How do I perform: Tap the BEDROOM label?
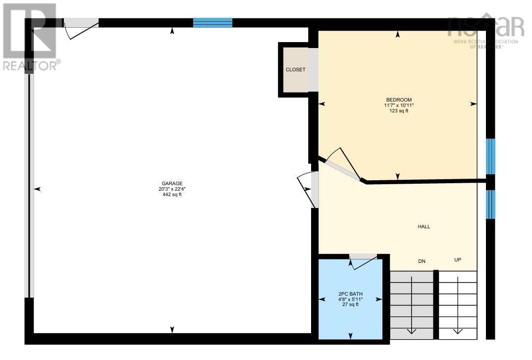(399, 100)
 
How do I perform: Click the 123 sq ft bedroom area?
(399, 111)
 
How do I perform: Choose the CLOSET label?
(295, 70)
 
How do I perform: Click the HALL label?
(424, 226)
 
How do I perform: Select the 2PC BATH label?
(350, 294)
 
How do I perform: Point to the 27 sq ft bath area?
(350, 305)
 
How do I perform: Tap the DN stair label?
(422, 261)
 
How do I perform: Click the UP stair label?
(458, 260)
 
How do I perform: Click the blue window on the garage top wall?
(213, 22)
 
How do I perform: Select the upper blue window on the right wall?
(490, 156)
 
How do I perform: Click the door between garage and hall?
(308, 190)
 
